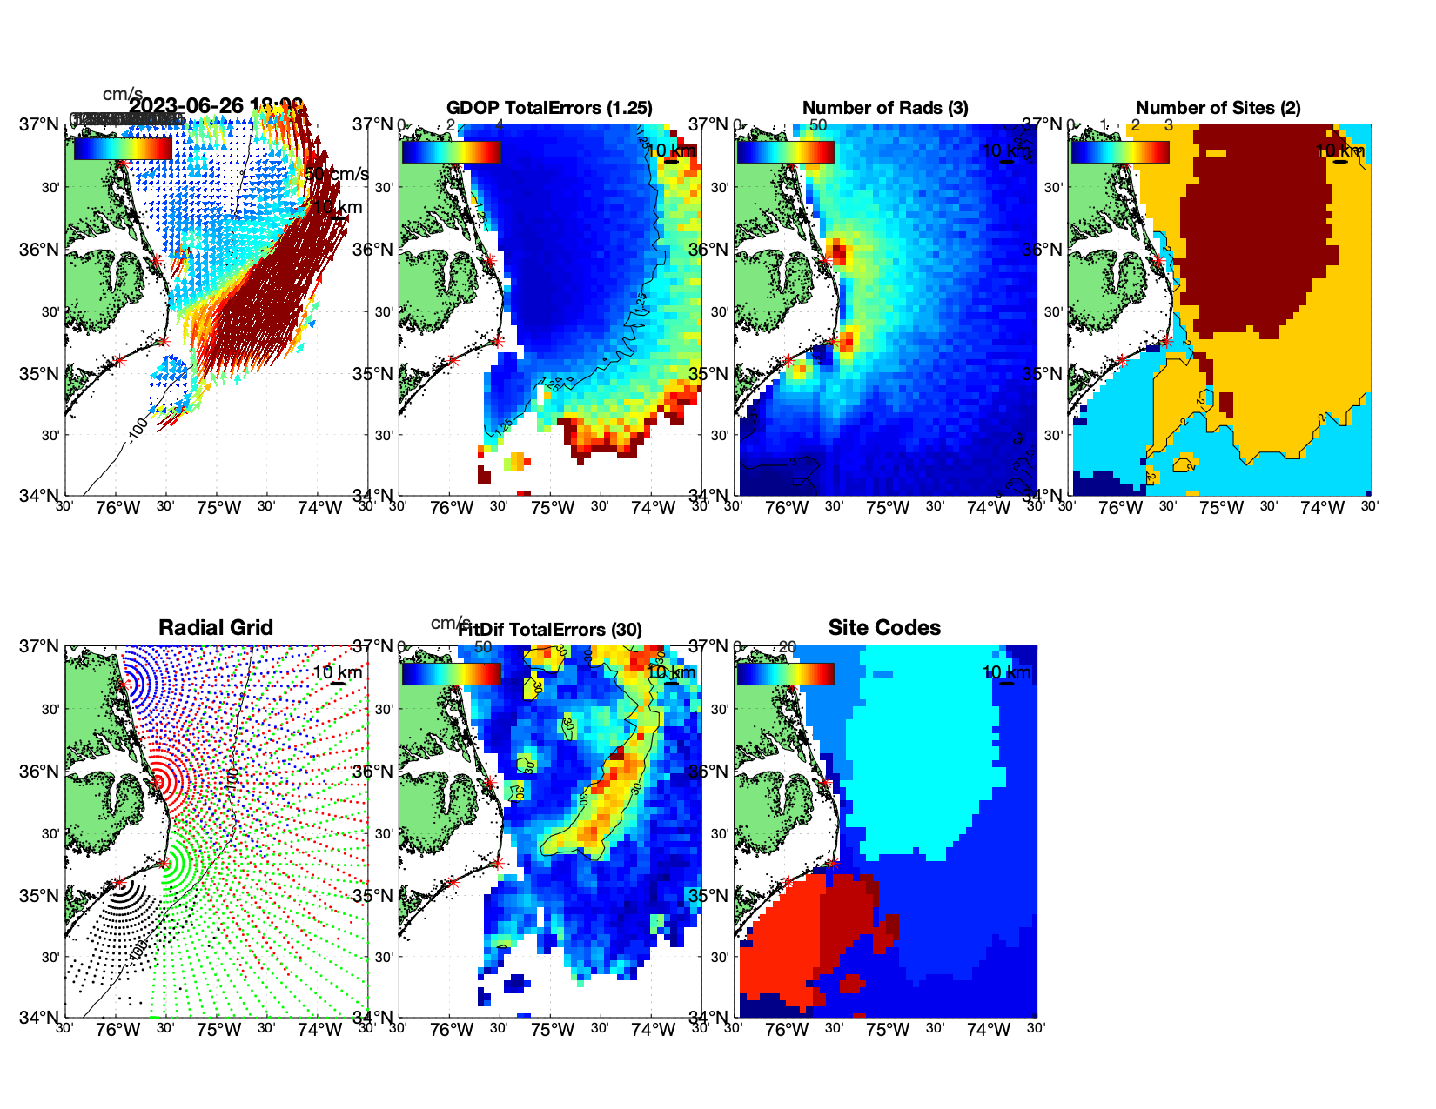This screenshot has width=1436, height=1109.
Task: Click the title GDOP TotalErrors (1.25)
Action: pos(549,108)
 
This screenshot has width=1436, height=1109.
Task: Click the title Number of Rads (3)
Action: pos(885,108)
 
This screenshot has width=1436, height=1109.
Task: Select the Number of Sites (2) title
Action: pos(1218,108)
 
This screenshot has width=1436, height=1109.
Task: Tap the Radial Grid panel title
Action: pos(216,628)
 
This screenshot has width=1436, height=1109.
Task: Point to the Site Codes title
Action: pos(884,628)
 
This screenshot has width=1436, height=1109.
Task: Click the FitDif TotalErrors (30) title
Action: pos(550,630)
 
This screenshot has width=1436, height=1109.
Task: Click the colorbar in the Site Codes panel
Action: pos(785,673)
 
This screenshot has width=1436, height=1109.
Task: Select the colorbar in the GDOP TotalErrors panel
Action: pos(451,151)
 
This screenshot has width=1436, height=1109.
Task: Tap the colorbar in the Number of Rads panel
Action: pos(785,151)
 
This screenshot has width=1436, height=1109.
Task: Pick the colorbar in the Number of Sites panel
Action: pos(1120,151)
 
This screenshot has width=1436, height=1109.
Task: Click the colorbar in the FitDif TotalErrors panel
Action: pos(451,673)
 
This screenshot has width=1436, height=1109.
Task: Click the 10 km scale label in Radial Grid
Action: pos(337,672)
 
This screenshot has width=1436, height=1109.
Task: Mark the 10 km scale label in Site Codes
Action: pos(1006,672)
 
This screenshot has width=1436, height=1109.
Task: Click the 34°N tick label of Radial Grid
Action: pos(40,1017)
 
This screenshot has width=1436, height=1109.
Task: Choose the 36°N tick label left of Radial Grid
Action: pos(40,772)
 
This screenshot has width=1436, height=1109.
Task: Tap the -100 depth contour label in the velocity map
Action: pos(138,429)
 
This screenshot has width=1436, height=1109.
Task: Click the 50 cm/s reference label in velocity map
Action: pos(338,175)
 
